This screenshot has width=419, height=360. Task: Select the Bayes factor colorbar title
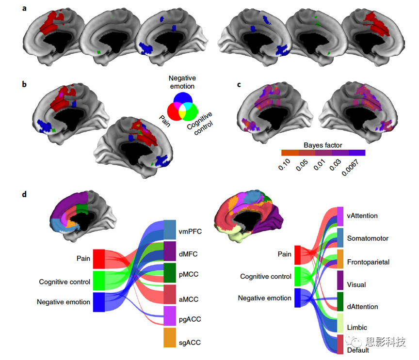click(323, 145)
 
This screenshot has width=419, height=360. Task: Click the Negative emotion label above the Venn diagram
click(182, 82)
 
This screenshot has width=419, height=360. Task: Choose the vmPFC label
click(190, 232)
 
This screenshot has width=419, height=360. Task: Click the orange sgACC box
click(170, 337)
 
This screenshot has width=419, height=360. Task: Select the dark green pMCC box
click(170, 272)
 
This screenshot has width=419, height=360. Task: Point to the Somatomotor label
click(368, 238)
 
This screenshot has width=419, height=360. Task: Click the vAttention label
click(362, 215)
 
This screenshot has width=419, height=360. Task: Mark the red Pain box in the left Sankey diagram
click(99, 259)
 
